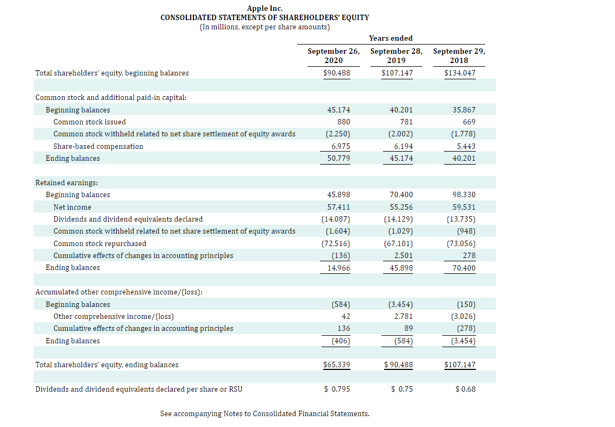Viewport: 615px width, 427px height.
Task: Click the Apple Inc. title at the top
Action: click(265, 8)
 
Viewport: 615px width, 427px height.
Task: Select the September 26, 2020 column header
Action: click(333, 56)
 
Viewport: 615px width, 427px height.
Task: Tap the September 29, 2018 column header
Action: click(459, 56)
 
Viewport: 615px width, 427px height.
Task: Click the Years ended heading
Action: click(391, 38)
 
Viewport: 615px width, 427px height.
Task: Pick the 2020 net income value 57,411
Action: click(338, 207)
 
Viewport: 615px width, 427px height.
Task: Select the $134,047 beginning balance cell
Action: click(460, 73)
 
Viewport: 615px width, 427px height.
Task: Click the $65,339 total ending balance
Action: click(337, 365)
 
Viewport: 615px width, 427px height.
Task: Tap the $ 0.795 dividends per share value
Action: click(337, 389)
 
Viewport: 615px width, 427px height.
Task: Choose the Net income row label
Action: click(72, 207)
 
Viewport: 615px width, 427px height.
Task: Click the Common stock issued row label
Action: click(90, 122)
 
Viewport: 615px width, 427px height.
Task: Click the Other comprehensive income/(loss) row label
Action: click(114, 316)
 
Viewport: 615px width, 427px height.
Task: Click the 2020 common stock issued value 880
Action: click(343, 122)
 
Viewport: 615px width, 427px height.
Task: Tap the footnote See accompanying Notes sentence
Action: click(265, 414)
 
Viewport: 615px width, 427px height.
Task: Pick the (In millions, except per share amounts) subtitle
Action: click(265, 27)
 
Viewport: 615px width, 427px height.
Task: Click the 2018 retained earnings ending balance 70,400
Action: click(464, 268)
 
